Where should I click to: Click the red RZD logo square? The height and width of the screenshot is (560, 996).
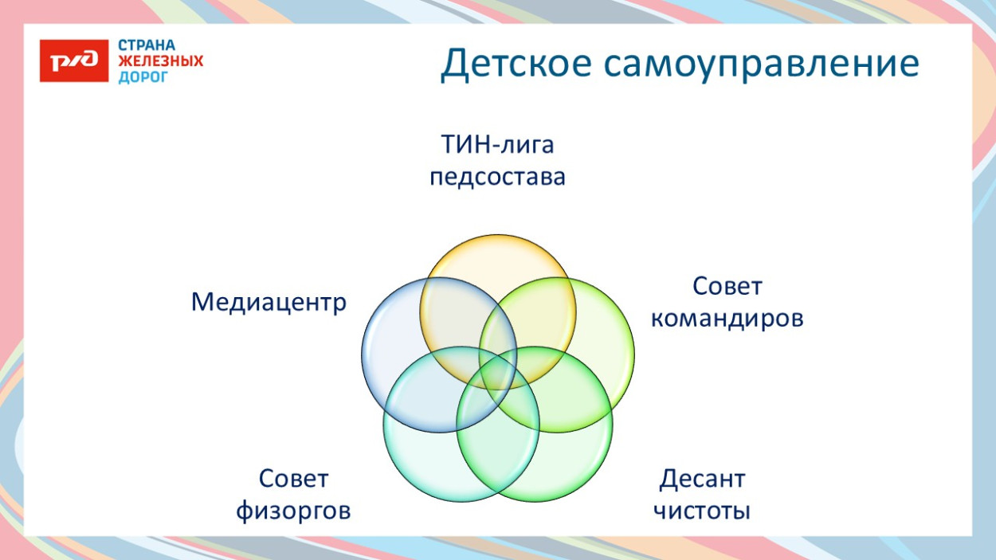73,60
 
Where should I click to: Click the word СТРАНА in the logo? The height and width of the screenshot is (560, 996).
147,45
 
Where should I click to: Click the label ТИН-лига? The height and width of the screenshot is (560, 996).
497,146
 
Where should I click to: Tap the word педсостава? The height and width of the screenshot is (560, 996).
497,177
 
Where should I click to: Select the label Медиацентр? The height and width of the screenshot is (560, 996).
269,303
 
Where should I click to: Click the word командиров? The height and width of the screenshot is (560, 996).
727,318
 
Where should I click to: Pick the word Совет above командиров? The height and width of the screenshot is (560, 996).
727,286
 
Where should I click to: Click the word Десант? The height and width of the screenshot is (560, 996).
702,480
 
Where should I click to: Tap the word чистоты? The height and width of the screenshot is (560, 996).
702,511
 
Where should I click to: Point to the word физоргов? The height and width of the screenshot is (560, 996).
293,511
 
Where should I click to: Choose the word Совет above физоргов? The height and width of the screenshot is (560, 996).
293,480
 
